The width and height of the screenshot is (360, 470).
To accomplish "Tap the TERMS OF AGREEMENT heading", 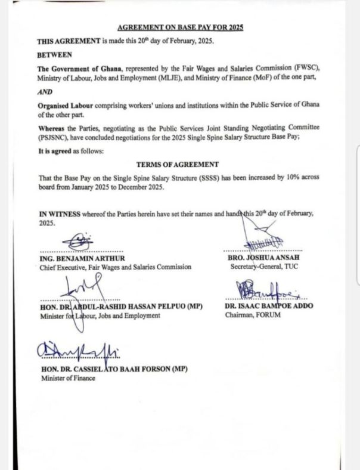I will click(x=177, y=164).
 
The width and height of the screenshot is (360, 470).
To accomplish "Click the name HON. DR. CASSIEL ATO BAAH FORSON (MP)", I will click(x=113, y=370).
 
